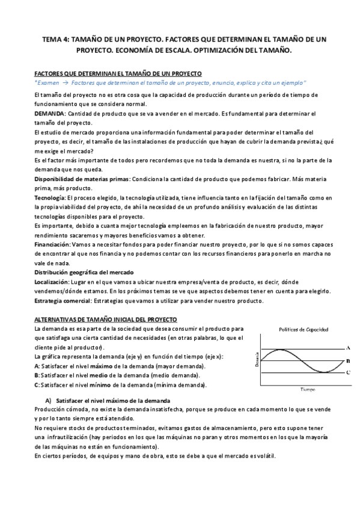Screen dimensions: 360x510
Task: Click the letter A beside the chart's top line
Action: (x=349, y=348)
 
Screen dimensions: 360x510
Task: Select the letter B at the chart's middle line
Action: (x=349, y=361)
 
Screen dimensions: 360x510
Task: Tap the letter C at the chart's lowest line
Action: (x=349, y=373)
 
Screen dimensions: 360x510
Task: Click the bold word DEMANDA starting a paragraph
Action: (x=50, y=113)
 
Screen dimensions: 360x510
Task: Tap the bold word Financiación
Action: (x=53, y=244)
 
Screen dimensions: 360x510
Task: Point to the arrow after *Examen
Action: (x=66, y=82)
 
